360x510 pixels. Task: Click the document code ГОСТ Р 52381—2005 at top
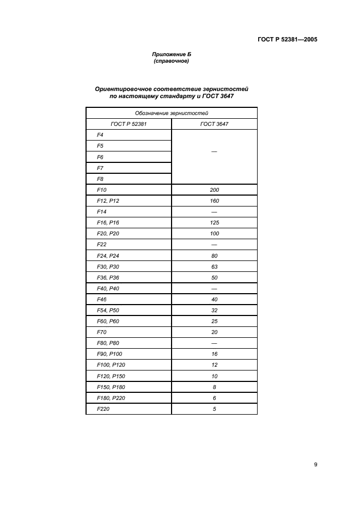287,39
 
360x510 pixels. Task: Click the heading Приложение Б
172,54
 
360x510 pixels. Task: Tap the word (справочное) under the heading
172,61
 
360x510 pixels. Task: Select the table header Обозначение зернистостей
172,113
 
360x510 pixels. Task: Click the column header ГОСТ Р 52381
129,124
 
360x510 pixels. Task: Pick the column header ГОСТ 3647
214,124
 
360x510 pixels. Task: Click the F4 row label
100,135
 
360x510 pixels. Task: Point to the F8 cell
100,179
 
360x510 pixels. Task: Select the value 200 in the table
214,190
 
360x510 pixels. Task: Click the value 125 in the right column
214,223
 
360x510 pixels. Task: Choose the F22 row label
101,245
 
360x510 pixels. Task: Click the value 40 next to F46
214,300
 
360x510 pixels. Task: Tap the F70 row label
101,332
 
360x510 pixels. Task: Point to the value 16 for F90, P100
214,354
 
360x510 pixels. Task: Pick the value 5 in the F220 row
214,409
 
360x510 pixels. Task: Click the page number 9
316,464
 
